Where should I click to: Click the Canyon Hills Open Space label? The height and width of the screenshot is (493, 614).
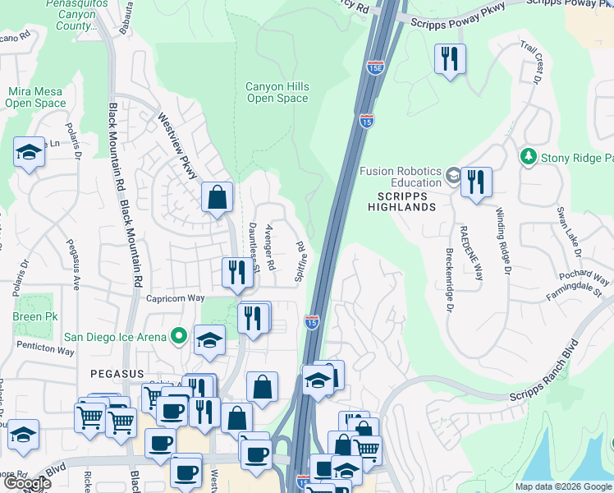[277, 93]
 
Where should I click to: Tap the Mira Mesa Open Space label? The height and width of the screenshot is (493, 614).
[35, 98]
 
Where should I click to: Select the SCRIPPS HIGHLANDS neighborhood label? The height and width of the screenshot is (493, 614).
[406, 201]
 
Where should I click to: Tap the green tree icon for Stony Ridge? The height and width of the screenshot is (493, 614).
[529, 156]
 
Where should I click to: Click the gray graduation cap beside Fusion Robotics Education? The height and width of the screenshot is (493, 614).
[452, 176]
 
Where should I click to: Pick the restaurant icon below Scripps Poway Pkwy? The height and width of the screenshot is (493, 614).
[449, 58]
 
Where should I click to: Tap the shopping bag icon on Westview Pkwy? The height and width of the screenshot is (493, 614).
[218, 197]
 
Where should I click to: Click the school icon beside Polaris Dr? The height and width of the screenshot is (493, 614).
[30, 152]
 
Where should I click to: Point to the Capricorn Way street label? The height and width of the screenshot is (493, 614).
[174, 299]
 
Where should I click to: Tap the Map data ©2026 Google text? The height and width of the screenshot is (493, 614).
[562, 486]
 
